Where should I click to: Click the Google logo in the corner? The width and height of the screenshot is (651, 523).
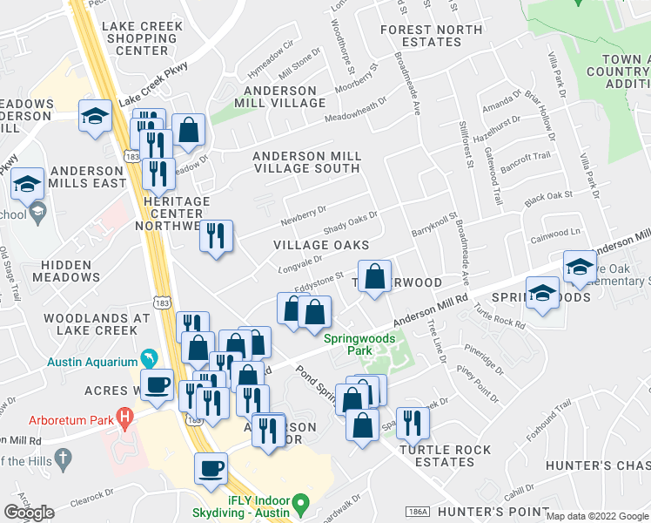29,512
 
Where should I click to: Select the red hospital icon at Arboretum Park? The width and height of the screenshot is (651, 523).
124,419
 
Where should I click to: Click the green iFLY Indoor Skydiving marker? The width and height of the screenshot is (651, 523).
301,502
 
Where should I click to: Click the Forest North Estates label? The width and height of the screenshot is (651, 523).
432,36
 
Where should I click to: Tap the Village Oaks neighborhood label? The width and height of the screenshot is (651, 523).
321,246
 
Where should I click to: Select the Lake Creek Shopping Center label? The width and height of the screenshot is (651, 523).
143,38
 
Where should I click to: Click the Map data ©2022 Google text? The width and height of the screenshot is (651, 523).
597,515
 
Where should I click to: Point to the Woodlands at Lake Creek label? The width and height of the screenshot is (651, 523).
97,323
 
